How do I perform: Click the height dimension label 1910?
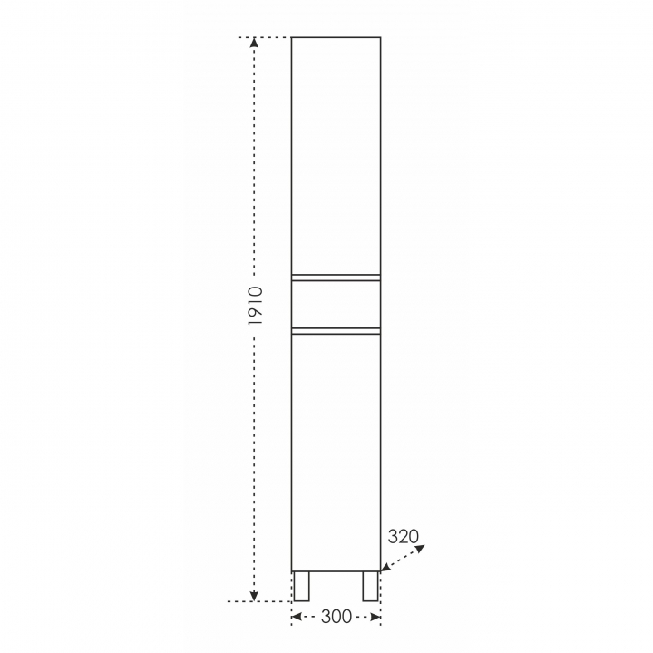coord(255,306)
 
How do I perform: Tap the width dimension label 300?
coord(336,617)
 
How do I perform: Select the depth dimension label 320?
coord(403,536)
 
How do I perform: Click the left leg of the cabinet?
coord(301,587)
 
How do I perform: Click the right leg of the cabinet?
coord(370,587)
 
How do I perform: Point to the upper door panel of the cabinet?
coord(336,156)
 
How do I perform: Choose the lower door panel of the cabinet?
coord(336,453)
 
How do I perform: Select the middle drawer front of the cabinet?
coord(336,305)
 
